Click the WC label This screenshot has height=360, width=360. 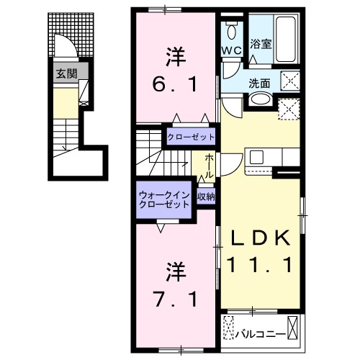click(x=231, y=50)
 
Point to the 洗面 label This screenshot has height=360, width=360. click(x=259, y=83)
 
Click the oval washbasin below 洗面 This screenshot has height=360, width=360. click(x=261, y=101)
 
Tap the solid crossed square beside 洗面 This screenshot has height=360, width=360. click(x=291, y=80)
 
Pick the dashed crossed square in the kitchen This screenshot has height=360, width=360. click(x=289, y=108)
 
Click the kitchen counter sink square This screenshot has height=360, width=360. click(x=256, y=156)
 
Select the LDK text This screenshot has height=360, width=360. click(x=260, y=239)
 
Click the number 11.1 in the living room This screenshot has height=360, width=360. click(x=260, y=266)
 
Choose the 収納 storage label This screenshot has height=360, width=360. click(x=205, y=197)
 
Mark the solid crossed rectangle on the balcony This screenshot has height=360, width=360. click(x=294, y=328)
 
